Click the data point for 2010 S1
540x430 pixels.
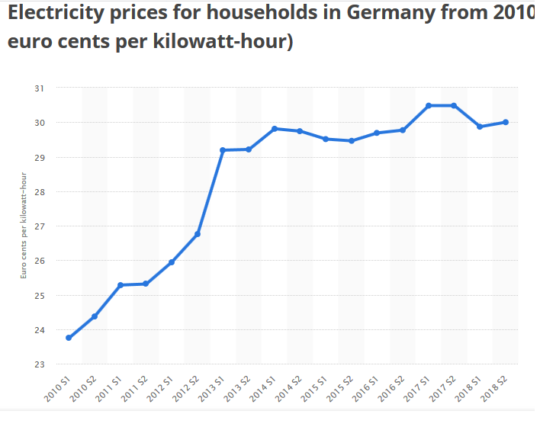[69, 338]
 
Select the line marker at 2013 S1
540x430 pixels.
[223, 150]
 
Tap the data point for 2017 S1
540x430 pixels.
[429, 105]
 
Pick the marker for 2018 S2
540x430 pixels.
[506, 122]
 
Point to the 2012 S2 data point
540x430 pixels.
[198, 234]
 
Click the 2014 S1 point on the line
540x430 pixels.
[275, 129]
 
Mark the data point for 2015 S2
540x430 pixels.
[352, 141]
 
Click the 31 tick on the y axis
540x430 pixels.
[40, 88]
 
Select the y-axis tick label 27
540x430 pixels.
[40, 226]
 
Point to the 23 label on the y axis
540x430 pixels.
[40, 364]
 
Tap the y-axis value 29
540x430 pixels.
[40, 157]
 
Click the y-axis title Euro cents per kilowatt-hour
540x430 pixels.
[24, 226]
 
